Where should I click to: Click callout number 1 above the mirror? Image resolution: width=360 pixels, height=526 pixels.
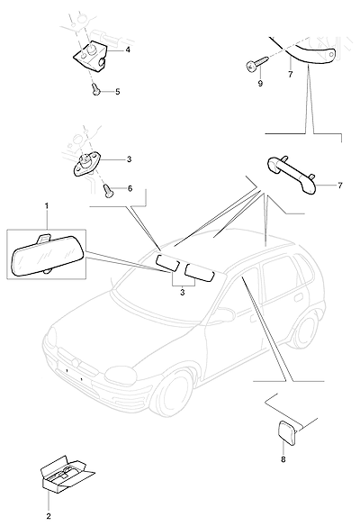[x=47, y=205]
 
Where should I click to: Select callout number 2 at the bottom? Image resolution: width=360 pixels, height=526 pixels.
[x=49, y=516]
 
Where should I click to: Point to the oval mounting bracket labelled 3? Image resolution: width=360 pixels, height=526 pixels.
[x=86, y=165]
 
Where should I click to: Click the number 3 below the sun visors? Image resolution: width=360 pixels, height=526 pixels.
[x=183, y=293]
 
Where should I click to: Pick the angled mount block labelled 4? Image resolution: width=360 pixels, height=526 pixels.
[x=90, y=57]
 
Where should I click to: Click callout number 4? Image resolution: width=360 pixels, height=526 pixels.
[x=128, y=50]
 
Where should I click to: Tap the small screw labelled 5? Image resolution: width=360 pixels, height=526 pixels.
[x=96, y=89]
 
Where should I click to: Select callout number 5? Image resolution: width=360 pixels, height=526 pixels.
[x=118, y=92]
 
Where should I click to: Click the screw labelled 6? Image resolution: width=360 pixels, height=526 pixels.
[x=108, y=190]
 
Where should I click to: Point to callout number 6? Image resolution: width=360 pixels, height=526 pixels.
[x=130, y=188]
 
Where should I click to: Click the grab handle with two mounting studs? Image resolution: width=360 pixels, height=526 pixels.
[x=291, y=175]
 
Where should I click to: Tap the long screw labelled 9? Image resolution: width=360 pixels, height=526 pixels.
[x=256, y=64]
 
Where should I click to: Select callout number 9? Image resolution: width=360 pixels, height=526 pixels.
[x=260, y=84]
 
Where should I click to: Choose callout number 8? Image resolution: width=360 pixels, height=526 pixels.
[x=283, y=459]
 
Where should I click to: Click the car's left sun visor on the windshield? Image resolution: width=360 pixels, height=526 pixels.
[x=167, y=262]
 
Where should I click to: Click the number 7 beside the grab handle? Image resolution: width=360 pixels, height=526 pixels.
[x=340, y=186]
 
